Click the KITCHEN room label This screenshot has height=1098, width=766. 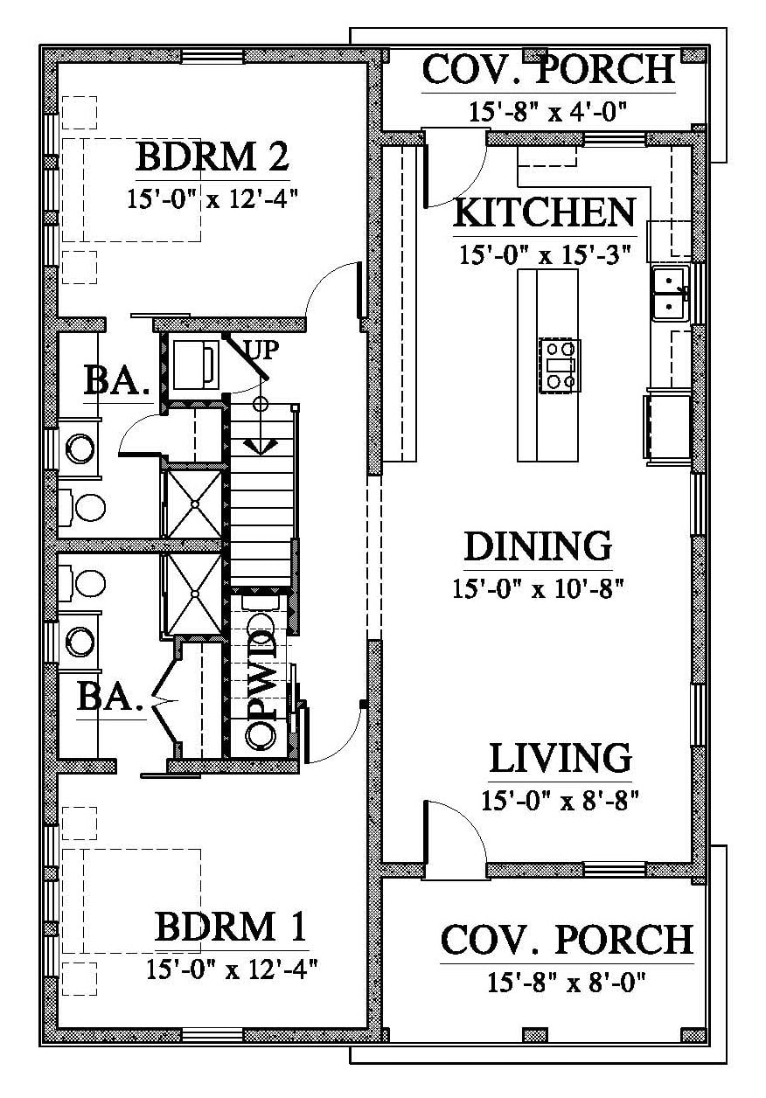click(545, 212)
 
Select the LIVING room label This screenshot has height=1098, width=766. click(560, 757)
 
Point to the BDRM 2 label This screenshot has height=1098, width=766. click(212, 156)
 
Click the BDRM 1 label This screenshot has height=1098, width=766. click(231, 925)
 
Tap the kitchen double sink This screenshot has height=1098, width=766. click(671, 293)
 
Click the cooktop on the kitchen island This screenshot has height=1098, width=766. click(560, 365)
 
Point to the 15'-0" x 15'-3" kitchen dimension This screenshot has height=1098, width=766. click(545, 255)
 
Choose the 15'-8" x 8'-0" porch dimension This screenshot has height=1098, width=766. click(566, 982)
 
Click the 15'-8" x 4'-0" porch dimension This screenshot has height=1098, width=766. click(548, 111)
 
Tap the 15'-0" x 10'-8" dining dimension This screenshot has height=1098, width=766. click(538, 588)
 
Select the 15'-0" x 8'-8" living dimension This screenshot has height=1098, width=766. click(560, 800)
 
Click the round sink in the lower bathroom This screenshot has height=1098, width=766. click(80, 640)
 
